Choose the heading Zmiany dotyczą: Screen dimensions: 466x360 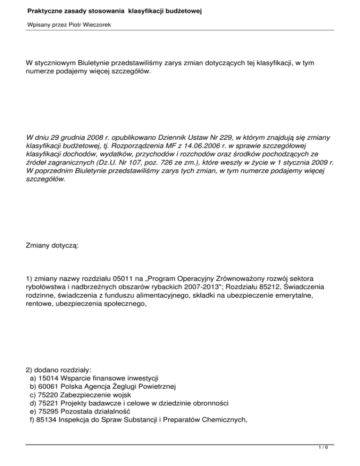tap(52, 246)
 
